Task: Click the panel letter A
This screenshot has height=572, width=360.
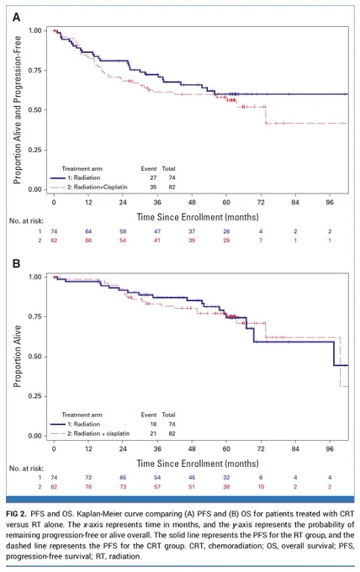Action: point(17,17)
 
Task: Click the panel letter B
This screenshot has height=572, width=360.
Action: point(17,263)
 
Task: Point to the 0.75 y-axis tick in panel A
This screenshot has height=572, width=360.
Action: point(35,70)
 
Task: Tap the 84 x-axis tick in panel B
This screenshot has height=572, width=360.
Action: point(295,448)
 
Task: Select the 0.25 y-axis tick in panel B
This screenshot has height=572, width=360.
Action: point(35,396)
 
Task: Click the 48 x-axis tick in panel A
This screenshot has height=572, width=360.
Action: point(192,203)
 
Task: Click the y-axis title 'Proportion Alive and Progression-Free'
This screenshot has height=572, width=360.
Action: point(17,110)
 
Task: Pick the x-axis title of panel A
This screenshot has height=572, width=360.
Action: point(198,217)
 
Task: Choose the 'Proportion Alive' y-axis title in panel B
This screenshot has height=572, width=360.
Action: point(17,356)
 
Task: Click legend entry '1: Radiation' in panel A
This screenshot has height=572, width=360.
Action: point(87,177)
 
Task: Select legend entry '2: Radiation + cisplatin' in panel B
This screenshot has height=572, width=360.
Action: point(102,433)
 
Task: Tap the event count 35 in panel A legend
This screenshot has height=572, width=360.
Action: point(153,187)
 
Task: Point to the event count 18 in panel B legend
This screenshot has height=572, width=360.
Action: point(153,424)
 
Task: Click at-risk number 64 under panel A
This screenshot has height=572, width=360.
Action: point(88,231)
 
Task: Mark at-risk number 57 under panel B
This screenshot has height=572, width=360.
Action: point(157,487)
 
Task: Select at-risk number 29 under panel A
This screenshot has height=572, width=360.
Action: point(226,241)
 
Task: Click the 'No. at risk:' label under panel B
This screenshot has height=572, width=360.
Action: point(26,469)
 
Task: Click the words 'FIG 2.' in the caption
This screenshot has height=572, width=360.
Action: point(16,514)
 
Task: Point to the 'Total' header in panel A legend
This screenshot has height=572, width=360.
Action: point(168,168)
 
